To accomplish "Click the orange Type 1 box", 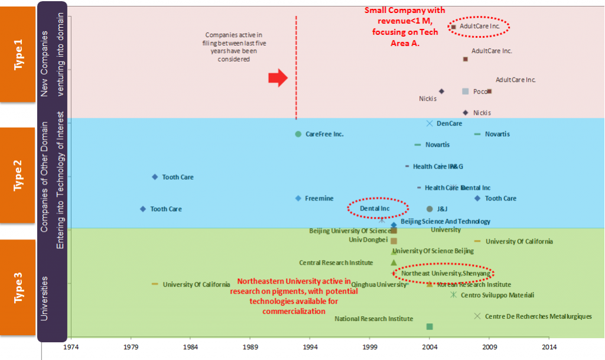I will [x=18, y=54].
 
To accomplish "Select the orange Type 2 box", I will [x=18, y=176].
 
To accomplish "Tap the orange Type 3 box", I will [x=18, y=287].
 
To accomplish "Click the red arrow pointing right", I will [x=278, y=78].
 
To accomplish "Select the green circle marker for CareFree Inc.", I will [x=298, y=134].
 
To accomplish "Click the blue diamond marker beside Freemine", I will [x=298, y=198].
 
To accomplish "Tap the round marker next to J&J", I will [x=430, y=209].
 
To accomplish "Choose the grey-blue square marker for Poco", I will [x=466, y=91].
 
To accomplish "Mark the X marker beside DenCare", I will [x=430, y=123].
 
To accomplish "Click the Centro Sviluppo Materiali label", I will [x=497, y=295].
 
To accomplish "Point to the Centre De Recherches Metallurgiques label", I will [x=538, y=316].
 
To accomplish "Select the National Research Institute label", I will [x=373, y=319].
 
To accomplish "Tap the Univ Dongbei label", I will [x=367, y=240].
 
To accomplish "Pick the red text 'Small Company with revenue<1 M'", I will [x=405, y=16].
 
